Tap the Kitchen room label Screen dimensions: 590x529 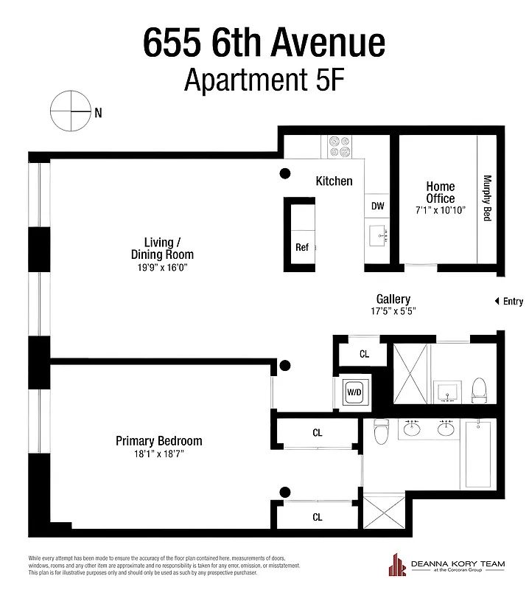click(x=334, y=181)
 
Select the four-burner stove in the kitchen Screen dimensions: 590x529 click(x=339, y=146)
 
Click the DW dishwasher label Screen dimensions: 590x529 click(x=376, y=206)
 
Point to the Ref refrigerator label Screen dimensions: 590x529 click(x=301, y=247)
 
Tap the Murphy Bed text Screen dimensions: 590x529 click(x=487, y=198)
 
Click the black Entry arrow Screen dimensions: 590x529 click(x=497, y=301)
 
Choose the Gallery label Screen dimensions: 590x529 click(x=393, y=299)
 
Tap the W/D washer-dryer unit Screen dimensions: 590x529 click(x=354, y=392)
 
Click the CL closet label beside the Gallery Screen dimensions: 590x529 click(x=364, y=354)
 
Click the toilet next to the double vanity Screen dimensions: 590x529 click(x=381, y=432)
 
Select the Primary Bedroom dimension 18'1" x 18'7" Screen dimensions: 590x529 click(x=158, y=454)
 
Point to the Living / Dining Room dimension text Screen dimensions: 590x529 click(x=158, y=268)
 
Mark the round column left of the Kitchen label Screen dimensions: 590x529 click(x=284, y=173)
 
